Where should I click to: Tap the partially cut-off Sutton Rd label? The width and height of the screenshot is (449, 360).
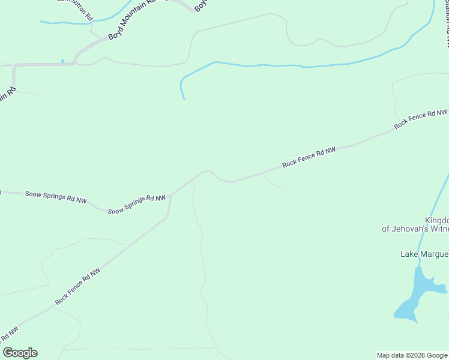tap(74, 4)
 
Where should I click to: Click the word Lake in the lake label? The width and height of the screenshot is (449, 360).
tap(409, 254)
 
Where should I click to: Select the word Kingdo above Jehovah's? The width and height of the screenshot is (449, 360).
tap(437, 220)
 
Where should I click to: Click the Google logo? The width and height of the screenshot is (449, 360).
tap(20, 353)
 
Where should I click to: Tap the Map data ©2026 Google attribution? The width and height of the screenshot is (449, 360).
tap(412, 355)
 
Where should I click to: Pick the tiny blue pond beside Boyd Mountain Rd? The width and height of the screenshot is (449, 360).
tap(62, 61)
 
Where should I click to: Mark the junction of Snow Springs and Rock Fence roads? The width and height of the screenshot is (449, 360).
tap(170, 195)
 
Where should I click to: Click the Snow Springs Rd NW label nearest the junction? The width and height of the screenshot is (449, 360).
tap(137, 204)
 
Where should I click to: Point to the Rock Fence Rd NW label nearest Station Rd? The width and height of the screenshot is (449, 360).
tap(421, 119)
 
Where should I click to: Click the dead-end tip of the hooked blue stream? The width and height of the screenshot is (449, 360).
tap(184, 99)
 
